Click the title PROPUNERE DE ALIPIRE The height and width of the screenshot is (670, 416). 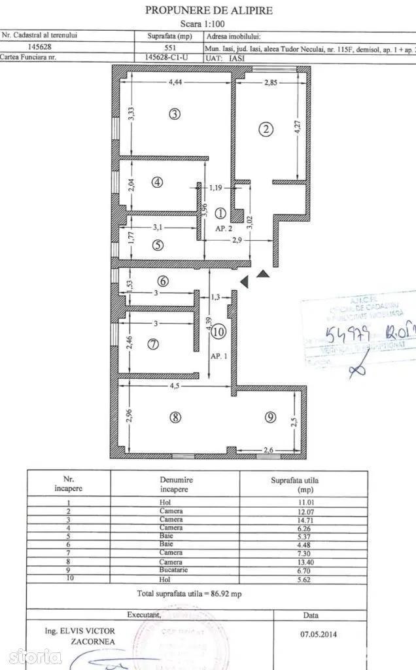point(208,10)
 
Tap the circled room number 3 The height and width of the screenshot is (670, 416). point(174,114)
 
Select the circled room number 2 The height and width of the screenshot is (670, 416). point(266,129)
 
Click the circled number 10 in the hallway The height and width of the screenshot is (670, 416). point(218,332)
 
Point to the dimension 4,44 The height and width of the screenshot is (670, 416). point(175,82)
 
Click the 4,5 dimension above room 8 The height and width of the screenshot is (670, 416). point(175,386)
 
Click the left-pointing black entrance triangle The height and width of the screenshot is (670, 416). point(244,281)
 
